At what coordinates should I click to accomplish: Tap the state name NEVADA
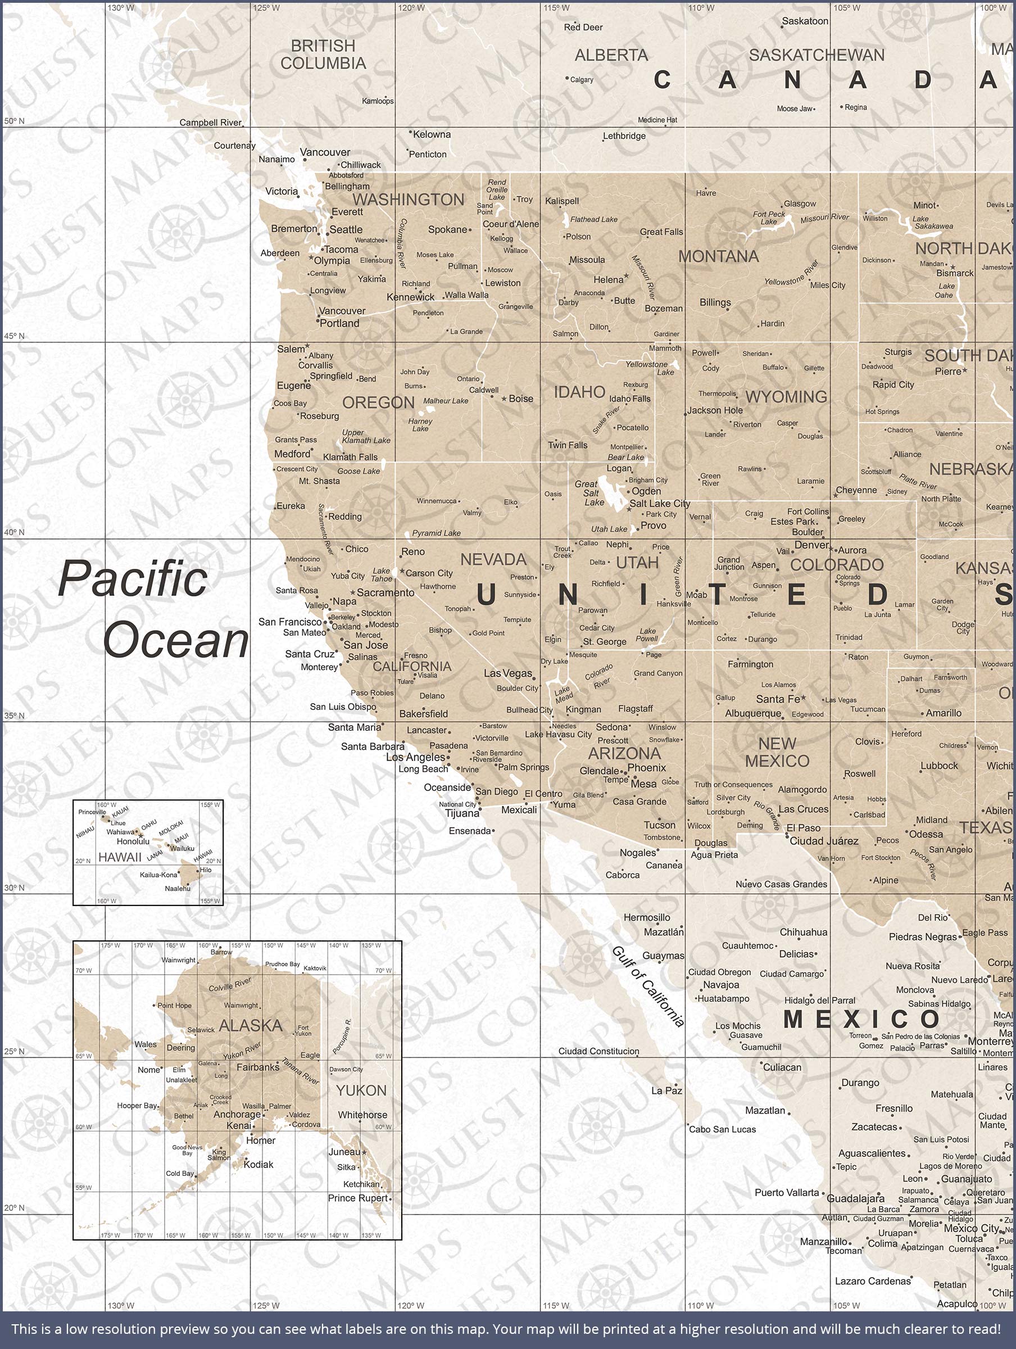(x=493, y=559)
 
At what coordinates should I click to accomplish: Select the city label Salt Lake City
(x=659, y=503)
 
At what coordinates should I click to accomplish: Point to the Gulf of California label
(x=648, y=985)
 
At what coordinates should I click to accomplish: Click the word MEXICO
(x=861, y=1019)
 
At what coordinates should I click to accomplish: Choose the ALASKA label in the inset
(x=251, y=1025)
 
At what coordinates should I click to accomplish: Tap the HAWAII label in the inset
(x=120, y=857)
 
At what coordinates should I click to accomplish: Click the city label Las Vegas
(x=508, y=673)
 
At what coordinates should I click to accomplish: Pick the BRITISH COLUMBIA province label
(x=323, y=55)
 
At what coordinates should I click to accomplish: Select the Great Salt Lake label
(x=591, y=493)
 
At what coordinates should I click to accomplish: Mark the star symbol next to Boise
(x=504, y=399)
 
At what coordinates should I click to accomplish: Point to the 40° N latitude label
(x=14, y=532)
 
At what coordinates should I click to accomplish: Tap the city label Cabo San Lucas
(x=722, y=1129)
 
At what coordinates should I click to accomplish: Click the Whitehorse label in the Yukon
(x=362, y=1115)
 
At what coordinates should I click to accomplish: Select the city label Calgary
(x=581, y=79)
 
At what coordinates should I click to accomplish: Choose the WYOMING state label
(x=786, y=396)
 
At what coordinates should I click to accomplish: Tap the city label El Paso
(x=803, y=827)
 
